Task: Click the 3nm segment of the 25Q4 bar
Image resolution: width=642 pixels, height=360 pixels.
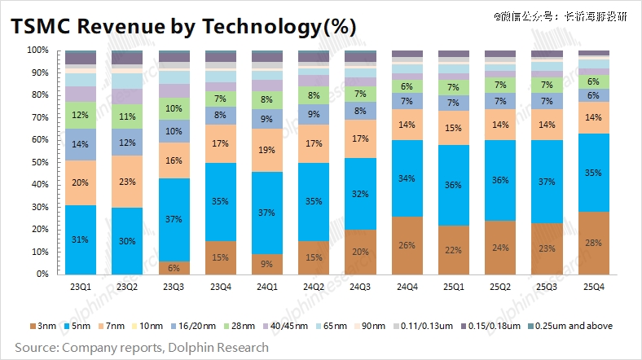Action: [x=594, y=244]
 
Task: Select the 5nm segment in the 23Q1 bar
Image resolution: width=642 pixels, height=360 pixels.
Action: [x=81, y=239]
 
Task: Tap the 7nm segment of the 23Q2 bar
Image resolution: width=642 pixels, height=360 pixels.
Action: [x=126, y=182]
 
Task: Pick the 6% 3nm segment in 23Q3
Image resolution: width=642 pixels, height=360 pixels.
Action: [x=173, y=268]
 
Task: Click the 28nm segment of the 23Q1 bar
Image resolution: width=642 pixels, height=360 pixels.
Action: [x=81, y=115]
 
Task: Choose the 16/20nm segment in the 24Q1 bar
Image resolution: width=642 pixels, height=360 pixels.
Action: [x=266, y=119]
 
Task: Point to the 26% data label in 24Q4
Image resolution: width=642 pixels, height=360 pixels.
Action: [x=407, y=245]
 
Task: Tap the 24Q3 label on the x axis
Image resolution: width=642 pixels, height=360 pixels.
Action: [x=360, y=287]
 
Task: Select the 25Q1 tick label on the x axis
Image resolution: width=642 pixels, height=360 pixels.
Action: [x=454, y=287]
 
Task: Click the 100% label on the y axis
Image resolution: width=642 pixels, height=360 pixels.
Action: [x=37, y=50]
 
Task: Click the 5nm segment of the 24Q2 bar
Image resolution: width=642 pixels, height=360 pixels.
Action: [x=313, y=201]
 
